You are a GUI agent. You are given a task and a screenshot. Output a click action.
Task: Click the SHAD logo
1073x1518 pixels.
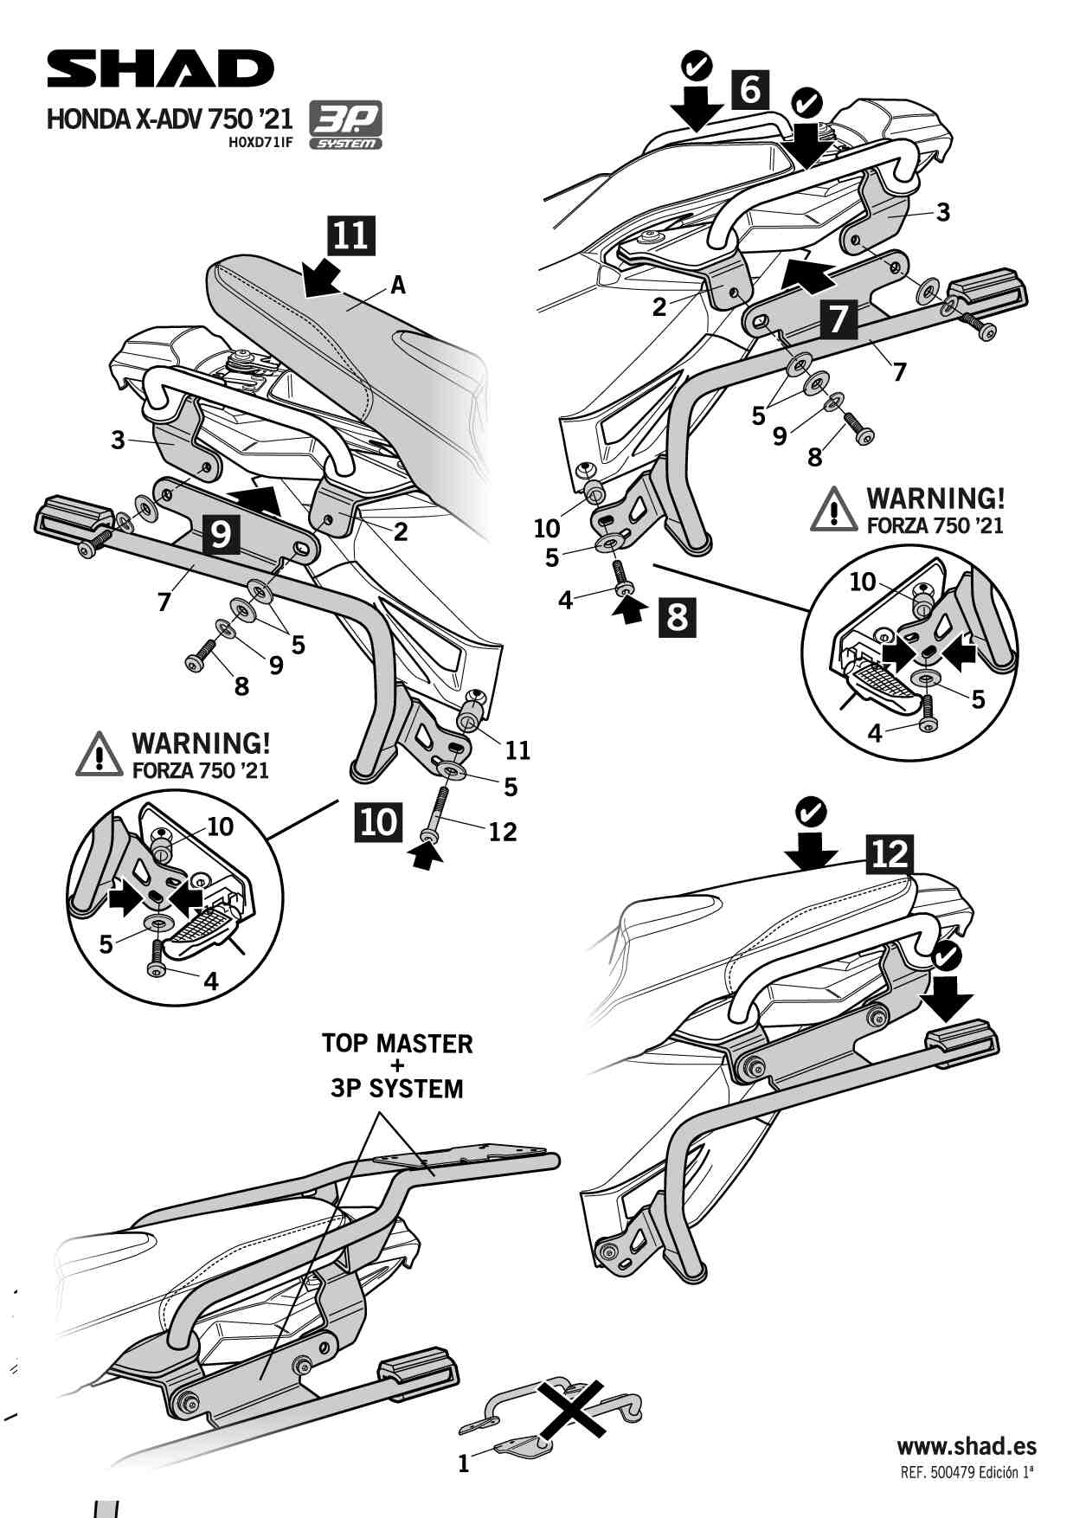tap(160, 69)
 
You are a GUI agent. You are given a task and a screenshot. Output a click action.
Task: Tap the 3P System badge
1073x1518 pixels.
tap(345, 127)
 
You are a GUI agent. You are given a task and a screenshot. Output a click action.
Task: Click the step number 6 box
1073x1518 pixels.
tap(749, 89)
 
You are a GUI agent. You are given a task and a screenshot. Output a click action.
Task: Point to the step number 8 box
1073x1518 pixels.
tap(677, 617)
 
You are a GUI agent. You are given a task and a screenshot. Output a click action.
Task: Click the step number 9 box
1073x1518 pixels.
tap(221, 534)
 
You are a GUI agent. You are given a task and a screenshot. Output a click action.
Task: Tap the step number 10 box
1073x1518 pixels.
tap(378, 820)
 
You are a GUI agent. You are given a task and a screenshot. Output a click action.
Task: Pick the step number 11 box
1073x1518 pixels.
tap(350, 235)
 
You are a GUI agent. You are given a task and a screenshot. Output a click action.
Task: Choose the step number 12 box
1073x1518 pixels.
tap(889, 854)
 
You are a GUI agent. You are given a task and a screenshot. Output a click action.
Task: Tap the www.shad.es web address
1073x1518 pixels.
tap(966, 1445)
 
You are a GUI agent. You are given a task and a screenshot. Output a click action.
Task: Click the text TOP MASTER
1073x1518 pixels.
tap(397, 1043)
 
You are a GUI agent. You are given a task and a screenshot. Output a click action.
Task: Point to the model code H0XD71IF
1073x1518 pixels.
tap(260, 144)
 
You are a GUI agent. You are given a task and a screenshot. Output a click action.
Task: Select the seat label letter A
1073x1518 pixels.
tap(398, 285)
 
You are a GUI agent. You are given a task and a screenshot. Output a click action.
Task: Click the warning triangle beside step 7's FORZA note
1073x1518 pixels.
tap(833, 510)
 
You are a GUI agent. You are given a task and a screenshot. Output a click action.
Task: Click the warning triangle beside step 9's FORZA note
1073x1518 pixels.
tap(98, 755)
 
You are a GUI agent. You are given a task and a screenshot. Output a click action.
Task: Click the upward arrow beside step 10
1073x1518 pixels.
tap(423, 856)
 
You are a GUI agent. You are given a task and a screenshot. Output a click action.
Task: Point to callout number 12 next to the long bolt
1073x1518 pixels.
tap(503, 832)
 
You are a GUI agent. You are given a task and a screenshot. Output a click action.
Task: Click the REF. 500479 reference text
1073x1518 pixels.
tap(967, 1473)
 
